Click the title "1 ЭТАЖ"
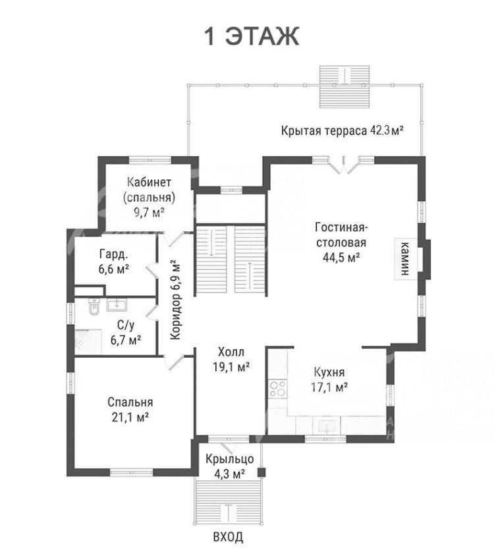tap(252, 36)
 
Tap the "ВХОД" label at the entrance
tap(228, 536)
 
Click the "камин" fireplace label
tap(405, 259)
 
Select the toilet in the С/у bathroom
tap(94, 307)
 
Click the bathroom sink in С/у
tap(117, 305)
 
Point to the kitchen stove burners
tap(278, 389)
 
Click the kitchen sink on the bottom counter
tap(326, 426)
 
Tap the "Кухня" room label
tap(329, 372)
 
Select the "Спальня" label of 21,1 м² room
tap(130, 403)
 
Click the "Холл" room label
tap(231, 352)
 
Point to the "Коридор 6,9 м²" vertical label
tap(175, 301)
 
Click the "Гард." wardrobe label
tap(113, 254)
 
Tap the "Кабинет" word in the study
tap(150, 182)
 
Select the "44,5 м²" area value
tap(341, 257)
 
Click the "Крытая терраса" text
tap(324, 130)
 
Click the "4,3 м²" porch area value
tap(229, 474)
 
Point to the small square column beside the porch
tap(262, 472)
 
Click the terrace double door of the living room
tap(343, 164)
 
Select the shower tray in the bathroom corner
tap(88, 341)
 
